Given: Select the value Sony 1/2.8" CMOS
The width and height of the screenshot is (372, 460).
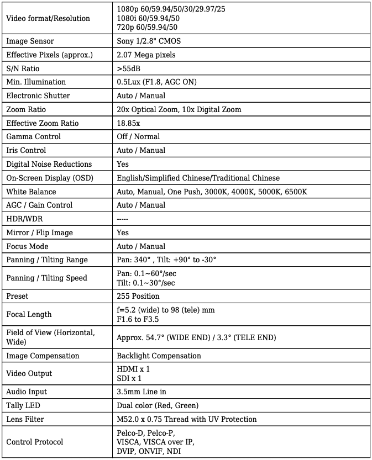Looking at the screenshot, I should pos(149,41).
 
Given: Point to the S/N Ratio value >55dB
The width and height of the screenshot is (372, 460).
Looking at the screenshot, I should pos(129,68).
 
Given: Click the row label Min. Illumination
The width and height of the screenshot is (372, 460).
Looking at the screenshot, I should pos(36,82).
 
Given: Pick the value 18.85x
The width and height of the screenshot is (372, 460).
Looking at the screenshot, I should pos(128,123).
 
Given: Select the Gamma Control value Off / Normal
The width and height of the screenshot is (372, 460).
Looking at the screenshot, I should pos(138,136).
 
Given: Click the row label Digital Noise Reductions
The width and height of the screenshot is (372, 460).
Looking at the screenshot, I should pos(49,164).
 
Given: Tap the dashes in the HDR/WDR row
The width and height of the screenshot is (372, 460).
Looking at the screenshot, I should pos(124,219).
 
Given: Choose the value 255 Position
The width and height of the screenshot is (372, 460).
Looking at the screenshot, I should pos(138,296).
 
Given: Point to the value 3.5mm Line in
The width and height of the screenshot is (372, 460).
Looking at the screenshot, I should pos(142,392).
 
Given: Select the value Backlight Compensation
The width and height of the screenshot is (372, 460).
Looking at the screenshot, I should pos(159,356).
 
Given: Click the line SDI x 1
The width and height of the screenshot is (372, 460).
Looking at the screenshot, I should pos(129,378).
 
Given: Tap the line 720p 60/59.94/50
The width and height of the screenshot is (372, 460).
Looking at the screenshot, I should pos(148,27).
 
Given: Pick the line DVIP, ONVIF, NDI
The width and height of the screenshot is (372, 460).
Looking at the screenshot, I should pos(149,451).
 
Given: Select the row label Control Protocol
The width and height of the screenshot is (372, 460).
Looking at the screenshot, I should pos(34,442).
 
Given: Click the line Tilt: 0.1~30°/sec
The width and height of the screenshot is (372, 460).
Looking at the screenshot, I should pos(146,283).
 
